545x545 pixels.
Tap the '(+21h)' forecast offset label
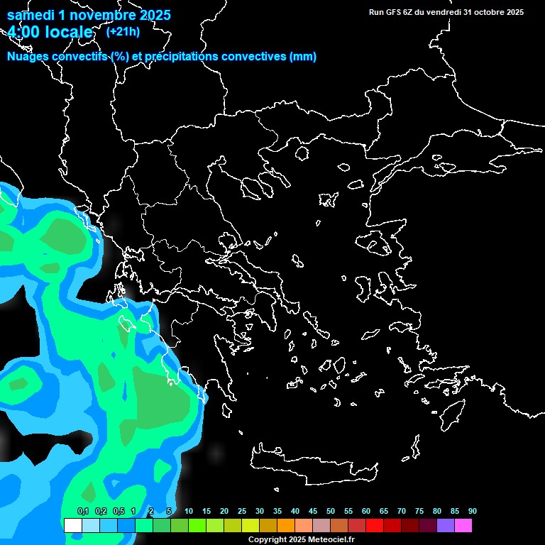pos(123,31)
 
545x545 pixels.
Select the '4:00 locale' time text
pos(50,32)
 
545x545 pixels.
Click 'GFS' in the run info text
pos(393,12)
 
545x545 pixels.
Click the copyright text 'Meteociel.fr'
pos(331,540)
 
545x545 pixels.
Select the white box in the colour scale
pos(72,525)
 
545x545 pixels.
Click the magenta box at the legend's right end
pos(463,525)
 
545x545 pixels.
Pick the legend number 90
pos(472,511)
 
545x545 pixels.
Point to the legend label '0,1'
pos(83,511)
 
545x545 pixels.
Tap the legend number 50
pos(331,511)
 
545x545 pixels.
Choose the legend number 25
pos(242,511)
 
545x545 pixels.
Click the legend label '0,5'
pos(119,511)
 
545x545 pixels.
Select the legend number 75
pos(419,511)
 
